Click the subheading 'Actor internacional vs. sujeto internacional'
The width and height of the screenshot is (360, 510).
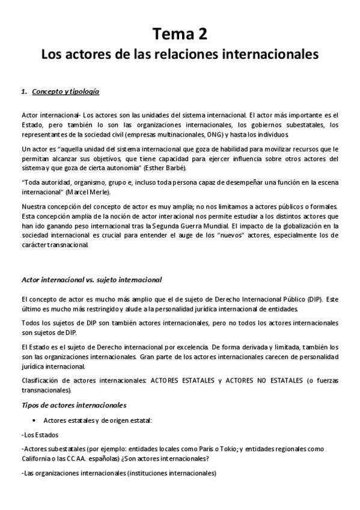pyautogui.click(x=91, y=280)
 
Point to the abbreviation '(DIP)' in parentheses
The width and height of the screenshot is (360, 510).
pyautogui.click(x=313, y=299)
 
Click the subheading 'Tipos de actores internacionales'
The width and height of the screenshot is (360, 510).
pyautogui.click(x=73, y=405)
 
